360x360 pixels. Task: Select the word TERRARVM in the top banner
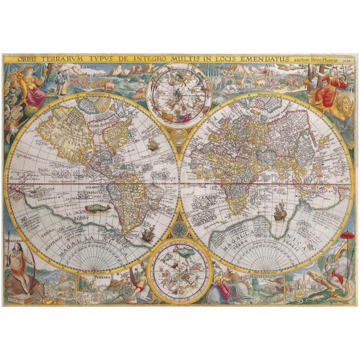63,58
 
